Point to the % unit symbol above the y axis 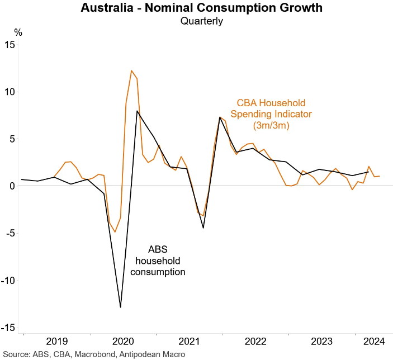click(x=18, y=32)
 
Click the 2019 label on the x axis click(x=56, y=341)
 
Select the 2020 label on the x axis click(x=122, y=341)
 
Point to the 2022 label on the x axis click(x=255, y=341)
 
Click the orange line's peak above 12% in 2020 click(x=131, y=70)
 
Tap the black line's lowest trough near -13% click(x=120, y=307)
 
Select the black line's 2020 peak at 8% click(x=137, y=111)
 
